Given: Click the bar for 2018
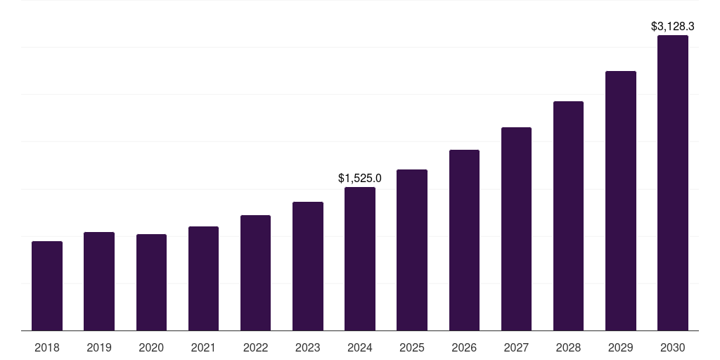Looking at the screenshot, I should pos(47,285).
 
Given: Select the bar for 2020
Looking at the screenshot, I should pos(151,282).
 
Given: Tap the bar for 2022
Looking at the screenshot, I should pos(255,273).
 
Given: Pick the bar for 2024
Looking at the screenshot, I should pos(360,259).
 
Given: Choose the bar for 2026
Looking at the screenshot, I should pos(464,240).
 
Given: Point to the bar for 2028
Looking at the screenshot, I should pos(568,216).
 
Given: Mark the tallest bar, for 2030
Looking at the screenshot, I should pos(673,183).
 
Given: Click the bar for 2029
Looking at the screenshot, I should pos(621,200).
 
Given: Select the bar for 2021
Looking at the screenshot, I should pos(203,278).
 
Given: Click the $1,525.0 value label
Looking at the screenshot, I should pos(360,179).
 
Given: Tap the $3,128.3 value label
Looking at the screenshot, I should pos(673,27).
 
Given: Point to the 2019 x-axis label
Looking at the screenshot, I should pos(99,347).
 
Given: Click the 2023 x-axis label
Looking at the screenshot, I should pos(308,347).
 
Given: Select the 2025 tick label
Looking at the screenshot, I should pos(412,347).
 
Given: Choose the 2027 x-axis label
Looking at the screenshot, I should pos(516,347).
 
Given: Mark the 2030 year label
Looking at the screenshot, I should pos(673,347).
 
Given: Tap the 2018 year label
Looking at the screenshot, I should pos(47,347).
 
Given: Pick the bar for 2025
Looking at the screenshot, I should pos(412,250).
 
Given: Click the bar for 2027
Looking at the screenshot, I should pos(516,229).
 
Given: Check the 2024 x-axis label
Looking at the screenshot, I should pos(360,347).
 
